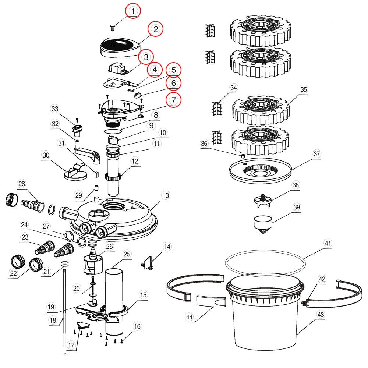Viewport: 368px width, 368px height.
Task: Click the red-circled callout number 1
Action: click(x=133, y=11)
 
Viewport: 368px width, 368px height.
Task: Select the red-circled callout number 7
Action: click(x=173, y=99)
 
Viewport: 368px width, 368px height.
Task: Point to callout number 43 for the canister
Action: click(x=321, y=314)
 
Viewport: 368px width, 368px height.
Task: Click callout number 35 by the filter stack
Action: click(x=303, y=89)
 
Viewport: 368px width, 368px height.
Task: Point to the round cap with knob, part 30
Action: click(x=75, y=172)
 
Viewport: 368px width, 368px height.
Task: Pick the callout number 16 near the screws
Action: click(x=137, y=326)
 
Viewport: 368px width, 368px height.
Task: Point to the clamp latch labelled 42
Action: click(x=304, y=303)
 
